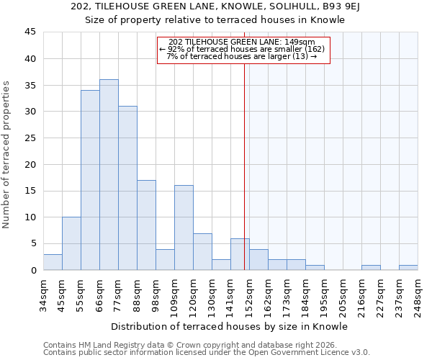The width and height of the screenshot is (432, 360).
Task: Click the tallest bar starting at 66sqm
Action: pyautogui.click(x=109, y=175)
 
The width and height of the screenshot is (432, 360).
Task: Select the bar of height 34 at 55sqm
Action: pyautogui.click(x=90, y=180)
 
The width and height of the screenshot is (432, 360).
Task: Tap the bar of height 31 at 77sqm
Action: pyautogui.click(x=127, y=188)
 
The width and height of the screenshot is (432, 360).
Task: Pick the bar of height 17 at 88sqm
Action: pyautogui.click(x=146, y=225)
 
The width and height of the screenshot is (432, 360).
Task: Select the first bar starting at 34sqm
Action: pyautogui.click(x=53, y=262)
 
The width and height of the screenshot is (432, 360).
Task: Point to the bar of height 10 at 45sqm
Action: pyautogui.click(x=71, y=243)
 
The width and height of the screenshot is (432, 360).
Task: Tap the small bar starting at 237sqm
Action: pyautogui.click(x=408, y=267)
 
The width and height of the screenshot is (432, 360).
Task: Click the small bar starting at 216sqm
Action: pyautogui.click(x=371, y=267)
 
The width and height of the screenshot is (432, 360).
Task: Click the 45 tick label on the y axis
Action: pyautogui.click(x=30, y=32)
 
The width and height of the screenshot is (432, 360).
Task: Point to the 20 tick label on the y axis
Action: pyautogui.click(x=30, y=164)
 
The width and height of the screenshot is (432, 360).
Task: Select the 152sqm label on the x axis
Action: pyautogui.click(x=249, y=293)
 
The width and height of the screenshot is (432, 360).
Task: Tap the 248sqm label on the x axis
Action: pyautogui.click(x=418, y=293)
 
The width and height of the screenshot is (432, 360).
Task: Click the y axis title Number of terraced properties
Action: pyautogui.click(x=6, y=155)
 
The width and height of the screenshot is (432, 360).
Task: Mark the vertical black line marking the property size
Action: pyautogui.click(x=244, y=166)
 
